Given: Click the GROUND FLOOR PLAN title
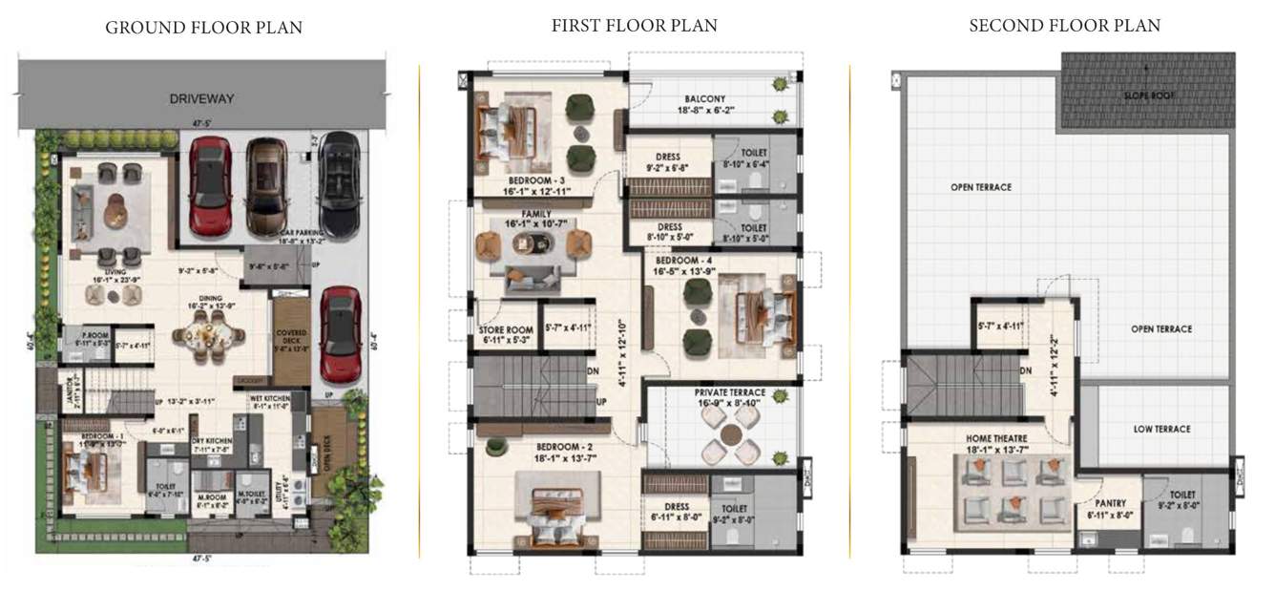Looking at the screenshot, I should click(203, 28).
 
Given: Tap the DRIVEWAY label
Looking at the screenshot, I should click(201, 98).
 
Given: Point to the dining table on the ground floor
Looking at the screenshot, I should click(208, 337).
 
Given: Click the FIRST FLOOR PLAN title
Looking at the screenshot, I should click(634, 26).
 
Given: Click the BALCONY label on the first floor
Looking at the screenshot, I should click(704, 98).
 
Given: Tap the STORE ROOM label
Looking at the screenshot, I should click(504, 330).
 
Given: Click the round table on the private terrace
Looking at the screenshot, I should click(730, 437).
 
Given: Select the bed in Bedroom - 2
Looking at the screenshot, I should click(556, 511).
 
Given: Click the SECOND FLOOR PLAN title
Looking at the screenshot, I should click(1064, 26).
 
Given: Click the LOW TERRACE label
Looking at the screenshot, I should click(1161, 430).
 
